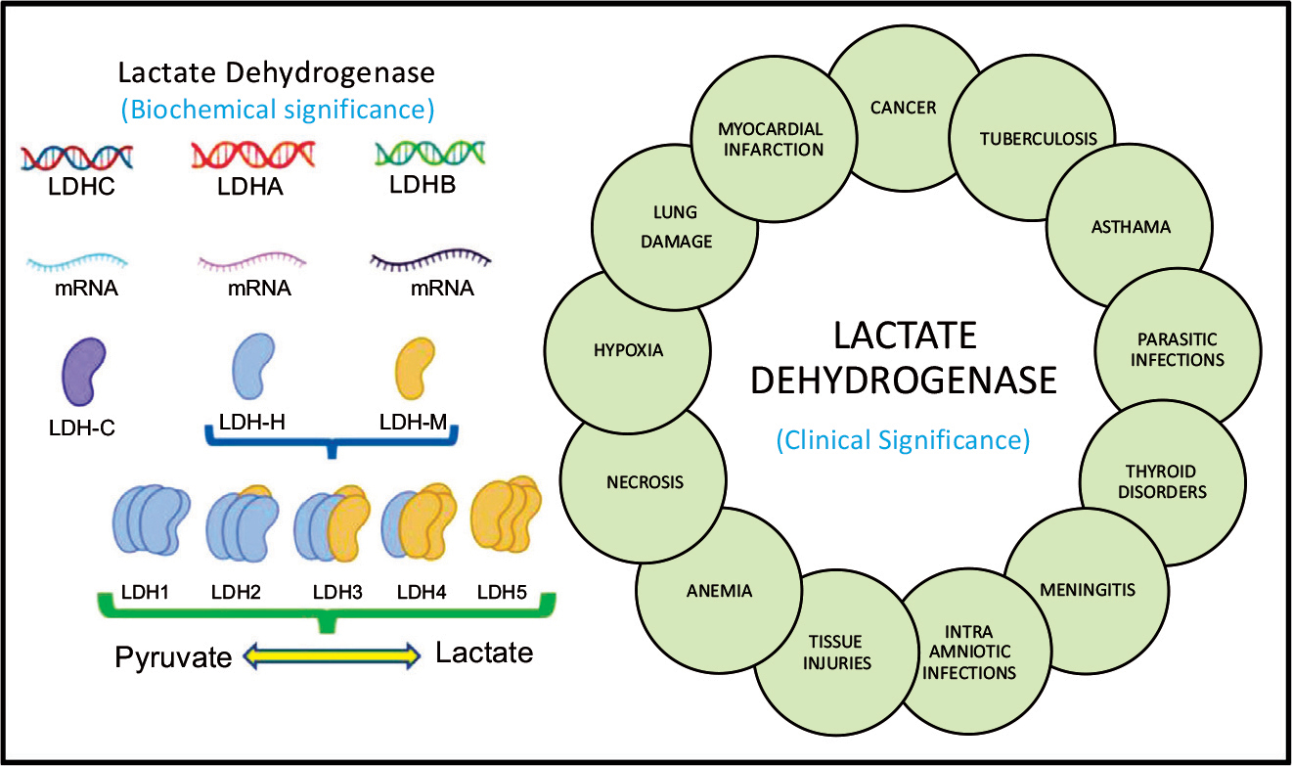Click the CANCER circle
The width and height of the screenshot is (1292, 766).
pos(904,108)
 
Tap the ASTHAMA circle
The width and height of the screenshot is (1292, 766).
pos(1130,227)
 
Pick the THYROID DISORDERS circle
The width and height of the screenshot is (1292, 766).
pos(1163,480)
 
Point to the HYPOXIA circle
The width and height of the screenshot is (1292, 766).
pos(627,350)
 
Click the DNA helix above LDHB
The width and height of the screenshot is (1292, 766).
pos(429,154)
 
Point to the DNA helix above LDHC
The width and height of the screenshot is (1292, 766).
pos(78,156)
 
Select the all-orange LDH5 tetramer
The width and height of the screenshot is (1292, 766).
pos(506,517)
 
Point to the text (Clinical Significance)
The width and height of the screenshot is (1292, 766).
pos(903,440)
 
